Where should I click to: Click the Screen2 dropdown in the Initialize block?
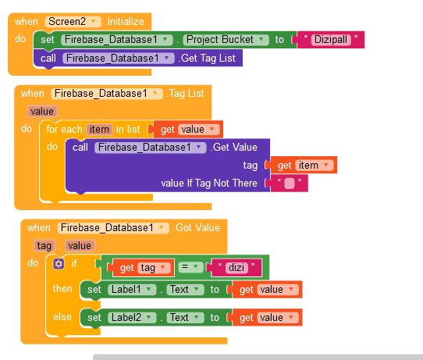[x=73, y=22]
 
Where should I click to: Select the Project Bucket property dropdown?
[x=226, y=40]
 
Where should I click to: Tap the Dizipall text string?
[x=331, y=40]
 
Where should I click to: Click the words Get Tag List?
[x=208, y=59]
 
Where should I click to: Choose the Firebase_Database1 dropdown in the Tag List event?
[x=107, y=94]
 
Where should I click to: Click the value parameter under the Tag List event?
[x=42, y=112]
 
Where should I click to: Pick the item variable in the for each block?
[x=99, y=130]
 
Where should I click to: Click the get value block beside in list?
[x=188, y=130]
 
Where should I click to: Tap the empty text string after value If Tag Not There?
[x=290, y=184]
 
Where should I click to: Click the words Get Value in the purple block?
[x=235, y=148]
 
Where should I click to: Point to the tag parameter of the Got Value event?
[x=44, y=246]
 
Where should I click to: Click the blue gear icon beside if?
[x=59, y=264]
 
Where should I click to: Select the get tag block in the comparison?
[x=144, y=268]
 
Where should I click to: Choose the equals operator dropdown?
[x=190, y=267]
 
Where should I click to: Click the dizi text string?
[x=236, y=268]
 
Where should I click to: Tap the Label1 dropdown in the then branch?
[x=132, y=290]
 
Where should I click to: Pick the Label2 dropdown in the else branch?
[x=132, y=318]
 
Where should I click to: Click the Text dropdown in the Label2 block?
[x=185, y=318]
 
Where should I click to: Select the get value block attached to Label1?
[x=267, y=290]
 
